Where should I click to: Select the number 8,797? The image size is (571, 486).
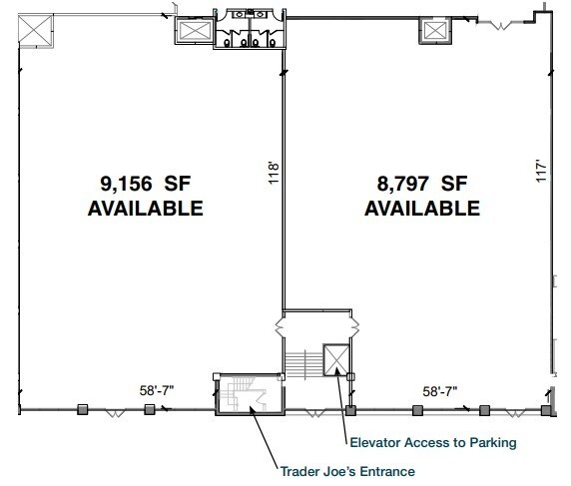pyautogui.click(x=393, y=184)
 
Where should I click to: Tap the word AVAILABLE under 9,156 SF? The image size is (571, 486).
pyautogui.click(x=146, y=209)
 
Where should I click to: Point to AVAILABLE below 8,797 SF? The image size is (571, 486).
pyautogui.click(x=422, y=209)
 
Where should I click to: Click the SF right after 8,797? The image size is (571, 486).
pyautogui.click(x=454, y=184)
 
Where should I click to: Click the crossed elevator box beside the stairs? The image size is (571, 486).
pyautogui.click(x=334, y=358)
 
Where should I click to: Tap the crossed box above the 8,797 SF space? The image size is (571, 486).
pyautogui.click(x=435, y=32)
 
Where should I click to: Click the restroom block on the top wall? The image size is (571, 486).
pyautogui.click(x=250, y=32)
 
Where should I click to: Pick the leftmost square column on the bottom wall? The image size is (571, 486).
pyautogui.click(x=84, y=408)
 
